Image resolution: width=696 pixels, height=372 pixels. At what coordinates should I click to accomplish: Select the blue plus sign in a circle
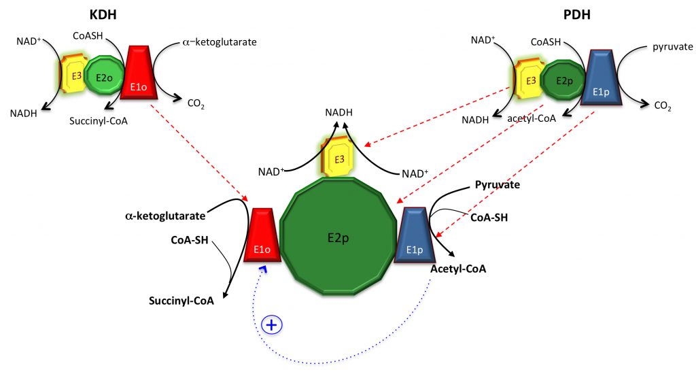[272, 325]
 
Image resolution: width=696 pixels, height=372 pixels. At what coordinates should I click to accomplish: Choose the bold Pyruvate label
[494, 185]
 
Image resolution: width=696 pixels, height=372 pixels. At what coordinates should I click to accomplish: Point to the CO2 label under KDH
[196, 105]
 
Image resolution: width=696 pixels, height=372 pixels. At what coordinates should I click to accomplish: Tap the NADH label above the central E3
[339, 112]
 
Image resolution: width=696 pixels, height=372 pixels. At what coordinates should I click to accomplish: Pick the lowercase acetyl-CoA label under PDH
[532, 118]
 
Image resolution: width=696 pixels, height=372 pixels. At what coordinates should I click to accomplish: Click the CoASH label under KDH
[88, 34]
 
